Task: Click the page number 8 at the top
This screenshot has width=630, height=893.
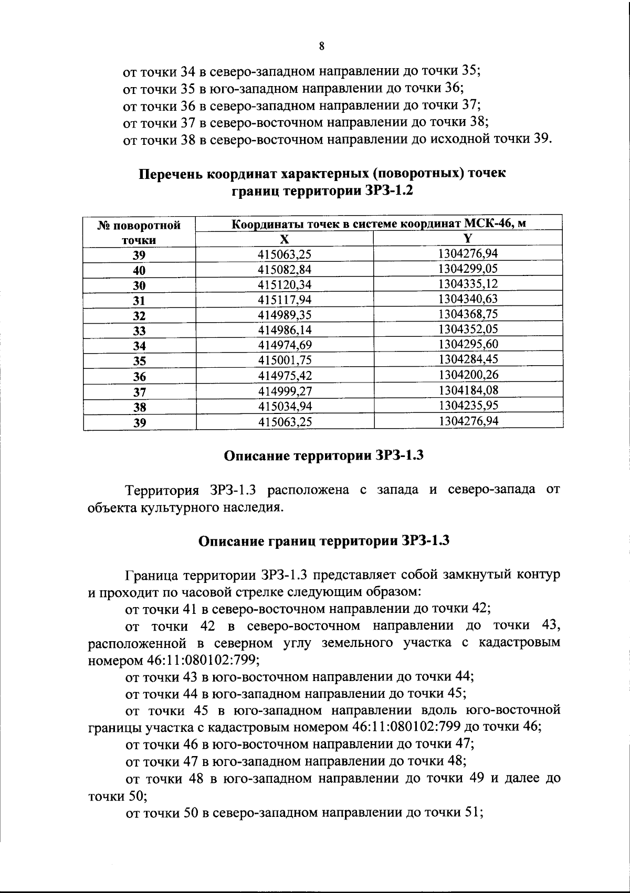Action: [321, 46]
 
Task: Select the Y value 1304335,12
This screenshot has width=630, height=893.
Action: [468, 284]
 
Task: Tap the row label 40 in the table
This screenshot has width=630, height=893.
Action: [139, 271]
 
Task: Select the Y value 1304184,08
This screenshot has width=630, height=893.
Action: [468, 390]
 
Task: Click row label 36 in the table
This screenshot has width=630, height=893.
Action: [139, 377]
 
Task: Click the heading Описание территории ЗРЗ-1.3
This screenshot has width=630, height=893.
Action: [323, 456]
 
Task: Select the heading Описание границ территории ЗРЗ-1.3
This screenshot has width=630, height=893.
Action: [323, 541]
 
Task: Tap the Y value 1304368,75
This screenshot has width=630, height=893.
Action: [468, 314]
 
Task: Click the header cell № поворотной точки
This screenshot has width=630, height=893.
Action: [139, 232]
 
